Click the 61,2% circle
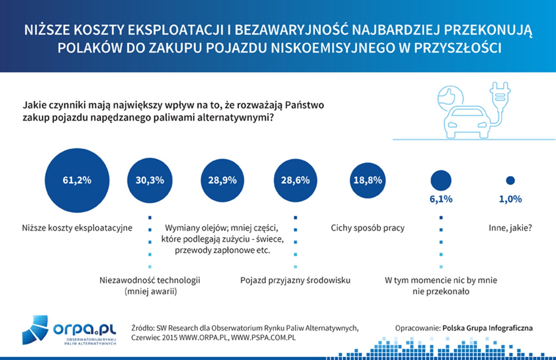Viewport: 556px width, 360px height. tap(77, 180)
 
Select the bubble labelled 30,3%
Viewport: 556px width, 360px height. tap(150, 180)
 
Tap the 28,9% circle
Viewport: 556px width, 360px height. tap(222, 180)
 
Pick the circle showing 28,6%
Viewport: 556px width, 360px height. tap(295, 180)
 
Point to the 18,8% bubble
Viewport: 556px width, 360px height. tap(368, 180)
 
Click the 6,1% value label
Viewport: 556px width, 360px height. tap(441, 199)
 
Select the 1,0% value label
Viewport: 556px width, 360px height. tap(510, 199)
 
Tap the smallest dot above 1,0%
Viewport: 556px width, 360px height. tap(510, 180)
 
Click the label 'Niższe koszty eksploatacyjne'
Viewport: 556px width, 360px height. tap(77, 228)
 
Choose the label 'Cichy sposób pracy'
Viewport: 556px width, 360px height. tap(368, 228)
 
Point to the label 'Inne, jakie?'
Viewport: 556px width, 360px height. tap(510, 228)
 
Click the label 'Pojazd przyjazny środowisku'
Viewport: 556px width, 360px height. tap(295, 280)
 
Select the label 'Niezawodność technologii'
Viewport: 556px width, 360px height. tap(150, 280)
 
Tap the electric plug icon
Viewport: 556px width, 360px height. tap(500, 95)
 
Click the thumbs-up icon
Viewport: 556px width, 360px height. tap(450, 96)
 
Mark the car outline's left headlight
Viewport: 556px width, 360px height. tap(452, 125)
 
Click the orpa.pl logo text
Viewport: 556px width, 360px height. tap(84, 328)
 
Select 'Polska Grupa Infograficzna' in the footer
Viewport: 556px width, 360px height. tap(487, 328)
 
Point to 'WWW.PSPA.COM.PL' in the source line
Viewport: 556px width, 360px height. tap(263, 337)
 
